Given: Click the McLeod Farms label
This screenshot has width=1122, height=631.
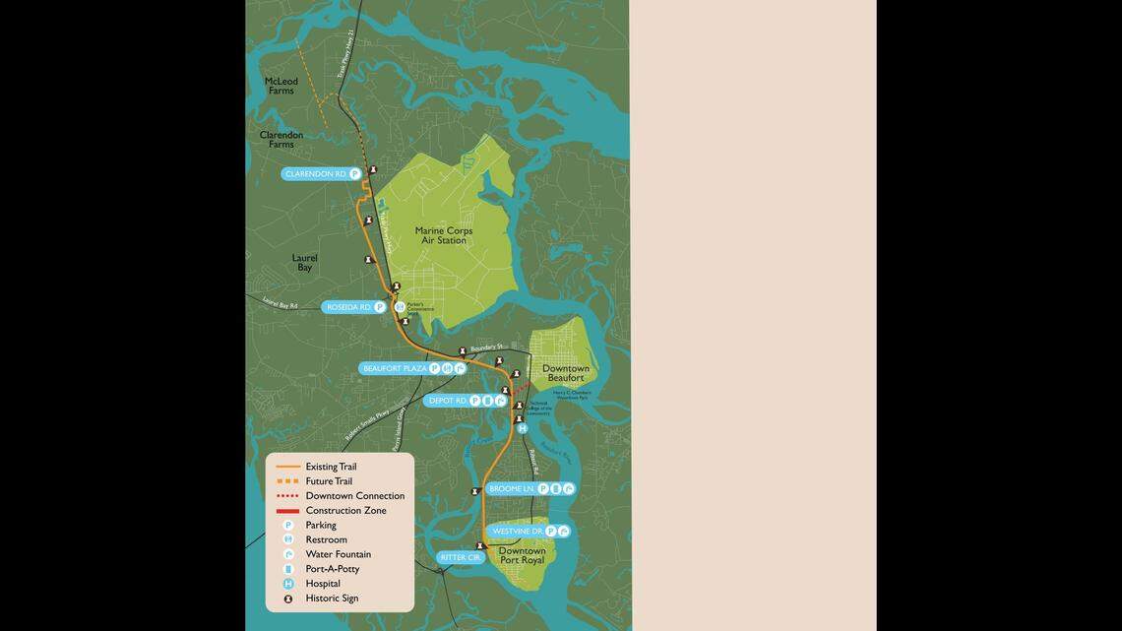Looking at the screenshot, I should click(x=281, y=86).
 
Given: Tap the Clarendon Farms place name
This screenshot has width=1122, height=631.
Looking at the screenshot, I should click(x=281, y=139).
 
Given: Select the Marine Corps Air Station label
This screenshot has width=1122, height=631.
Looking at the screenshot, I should click(x=444, y=235).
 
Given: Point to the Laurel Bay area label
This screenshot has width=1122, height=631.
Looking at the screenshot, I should click(x=305, y=263).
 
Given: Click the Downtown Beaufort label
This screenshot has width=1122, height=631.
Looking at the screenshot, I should click(x=566, y=373).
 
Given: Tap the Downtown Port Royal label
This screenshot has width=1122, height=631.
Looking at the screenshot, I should click(x=522, y=556).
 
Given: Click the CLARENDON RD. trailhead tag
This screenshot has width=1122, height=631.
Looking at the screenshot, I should click(x=316, y=174).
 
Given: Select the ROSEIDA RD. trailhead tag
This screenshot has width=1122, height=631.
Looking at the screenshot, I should click(x=349, y=307).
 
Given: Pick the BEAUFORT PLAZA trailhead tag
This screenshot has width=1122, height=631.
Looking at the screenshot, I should click(x=395, y=368).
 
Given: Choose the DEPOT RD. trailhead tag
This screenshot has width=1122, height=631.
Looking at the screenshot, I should click(x=448, y=401).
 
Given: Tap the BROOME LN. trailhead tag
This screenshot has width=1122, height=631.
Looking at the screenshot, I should click(x=512, y=488).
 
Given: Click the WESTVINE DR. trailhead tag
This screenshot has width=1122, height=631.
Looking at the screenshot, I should click(x=518, y=531).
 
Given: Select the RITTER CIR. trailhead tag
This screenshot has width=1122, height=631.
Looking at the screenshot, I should click(x=461, y=558).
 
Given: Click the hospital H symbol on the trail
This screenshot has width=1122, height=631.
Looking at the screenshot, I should click(x=523, y=428).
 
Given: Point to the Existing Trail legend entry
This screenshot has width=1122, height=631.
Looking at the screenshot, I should click(x=331, y=467).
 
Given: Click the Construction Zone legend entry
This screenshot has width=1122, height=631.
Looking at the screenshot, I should click(x=345, y=511).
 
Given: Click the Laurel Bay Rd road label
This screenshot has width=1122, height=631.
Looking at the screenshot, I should click(x=280, y=305).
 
